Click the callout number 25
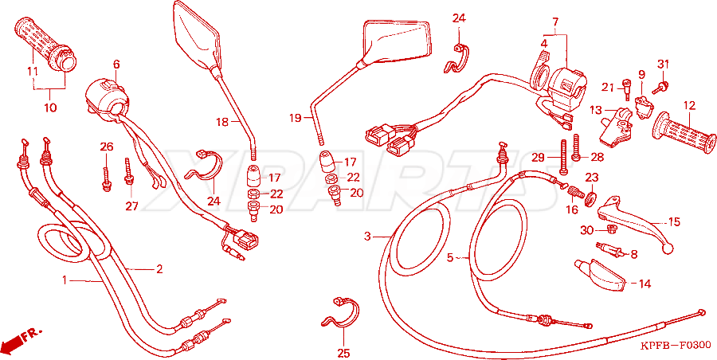pyautogui.click(x=343, y=353)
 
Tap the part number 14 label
pyautogui.click(x=645, y=284)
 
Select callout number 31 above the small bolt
pyautogui.click(x=664, y=64)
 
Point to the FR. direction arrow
pyautogui.click(x=22, y=338)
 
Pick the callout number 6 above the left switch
pyautogui.click(x=116, y=64)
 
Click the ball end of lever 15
pyautogui.click(x=668, y=248)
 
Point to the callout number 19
pyautogui.click(x=296, y=119)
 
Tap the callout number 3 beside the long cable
pyautogui.click(x=367, y=237)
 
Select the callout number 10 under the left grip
pyautogui.click(x=50, y=108)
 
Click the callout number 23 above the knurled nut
pyautogui.click(x=591, y=177)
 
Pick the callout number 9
pyautogui.click(x=641, y=73)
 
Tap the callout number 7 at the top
pyautogui.click(x=555, y=22)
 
